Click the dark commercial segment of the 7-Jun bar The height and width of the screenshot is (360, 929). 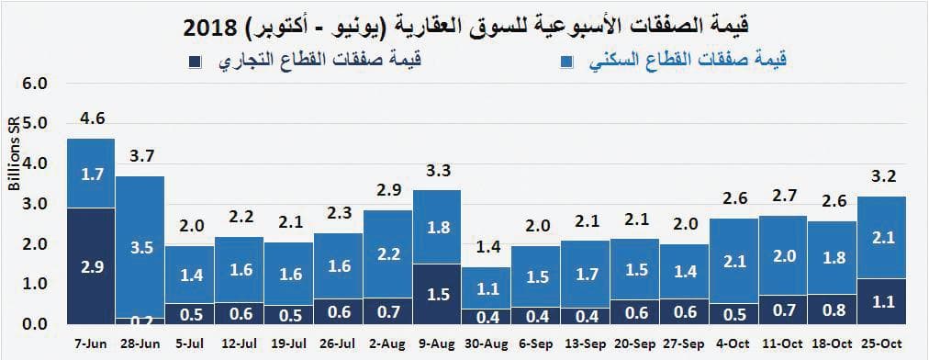(91, 266)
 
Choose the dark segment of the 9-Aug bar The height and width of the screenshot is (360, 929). (438, 294)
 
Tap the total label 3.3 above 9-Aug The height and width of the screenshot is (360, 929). (439, 171)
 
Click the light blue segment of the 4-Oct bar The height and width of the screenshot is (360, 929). (734, 261)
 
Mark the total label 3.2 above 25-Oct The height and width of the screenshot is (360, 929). (882, 175)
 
